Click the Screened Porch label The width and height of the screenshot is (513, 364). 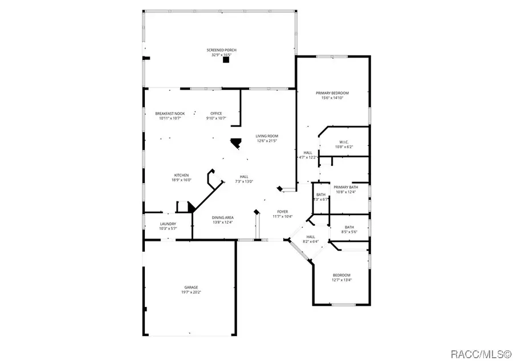pos(221,50)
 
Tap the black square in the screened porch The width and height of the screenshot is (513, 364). pos(226,59)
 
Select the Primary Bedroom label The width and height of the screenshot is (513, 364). pos(332,93)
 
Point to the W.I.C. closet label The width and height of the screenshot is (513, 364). pos(344,142)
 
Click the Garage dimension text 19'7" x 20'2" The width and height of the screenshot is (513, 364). pos(191,292)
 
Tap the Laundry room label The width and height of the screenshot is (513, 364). pos(168,224)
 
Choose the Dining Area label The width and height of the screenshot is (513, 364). pos(223,217)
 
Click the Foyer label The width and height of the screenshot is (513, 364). pos(282,211)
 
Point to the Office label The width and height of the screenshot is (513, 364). pos(216,113)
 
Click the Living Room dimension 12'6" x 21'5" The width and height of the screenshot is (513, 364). pos(266,141)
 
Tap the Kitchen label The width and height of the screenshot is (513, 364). pos(181,175)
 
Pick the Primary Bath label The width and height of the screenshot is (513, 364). pos(345,187)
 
